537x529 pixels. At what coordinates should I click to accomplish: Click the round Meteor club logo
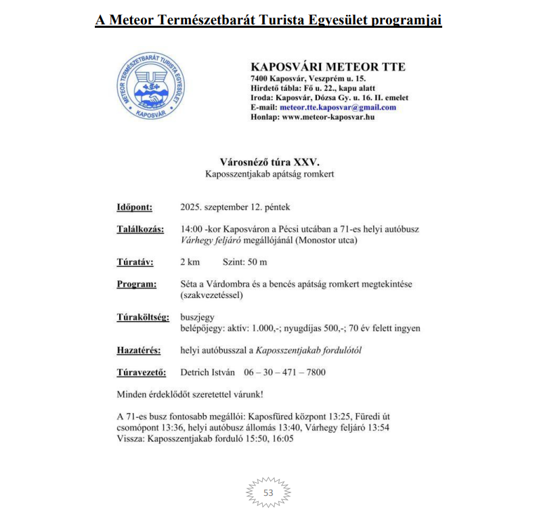pos(150,85)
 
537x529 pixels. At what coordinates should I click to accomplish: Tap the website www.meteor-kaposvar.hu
pos(328,117)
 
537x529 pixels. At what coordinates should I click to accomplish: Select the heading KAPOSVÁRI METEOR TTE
pos(328,67)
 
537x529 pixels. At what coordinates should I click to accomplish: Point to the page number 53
pos(268,492)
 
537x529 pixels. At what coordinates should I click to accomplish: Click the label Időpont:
pos(134,207)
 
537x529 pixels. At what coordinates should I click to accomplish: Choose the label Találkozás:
pos(140,229)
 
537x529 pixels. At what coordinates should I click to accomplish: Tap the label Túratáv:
pos(135,261)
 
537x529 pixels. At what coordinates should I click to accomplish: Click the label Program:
pos(136,284)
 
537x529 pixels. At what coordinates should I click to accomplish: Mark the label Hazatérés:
pos(138,350)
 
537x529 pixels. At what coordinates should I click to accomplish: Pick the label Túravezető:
pos(140,372)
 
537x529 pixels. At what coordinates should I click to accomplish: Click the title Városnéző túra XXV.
pos(269,163)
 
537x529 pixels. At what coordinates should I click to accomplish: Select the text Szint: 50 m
pos(245,261)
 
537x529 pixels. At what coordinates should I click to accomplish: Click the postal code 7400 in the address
pos(261,79)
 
